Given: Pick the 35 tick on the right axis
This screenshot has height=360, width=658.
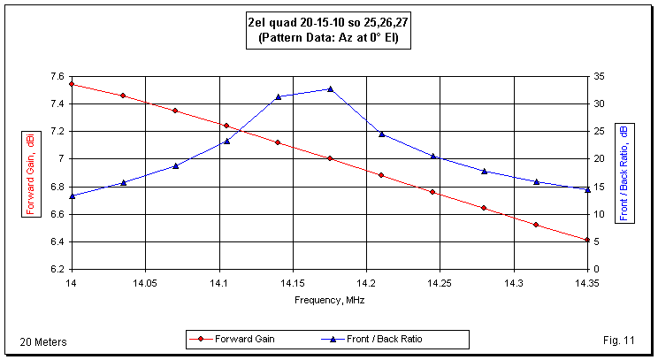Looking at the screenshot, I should (x=599, y=76).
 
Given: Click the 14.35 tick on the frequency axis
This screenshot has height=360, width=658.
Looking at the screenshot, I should (x=587, y=284).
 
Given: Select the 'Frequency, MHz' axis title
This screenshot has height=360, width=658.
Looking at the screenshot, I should (x=329, y=300).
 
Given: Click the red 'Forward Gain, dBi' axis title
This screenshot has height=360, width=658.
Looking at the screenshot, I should (x=30, y=173).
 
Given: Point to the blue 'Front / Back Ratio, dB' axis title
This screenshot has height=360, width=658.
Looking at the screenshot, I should (x=624, y=172).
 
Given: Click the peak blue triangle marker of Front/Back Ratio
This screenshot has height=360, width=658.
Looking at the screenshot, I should (x=330, y=88).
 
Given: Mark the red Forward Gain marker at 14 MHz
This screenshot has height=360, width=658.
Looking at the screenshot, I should (x=72, y=84).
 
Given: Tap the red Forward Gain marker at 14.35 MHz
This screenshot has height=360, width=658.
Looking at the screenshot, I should (x=587, y=240).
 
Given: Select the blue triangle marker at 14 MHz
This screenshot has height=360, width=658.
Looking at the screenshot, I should (x=72, y=195).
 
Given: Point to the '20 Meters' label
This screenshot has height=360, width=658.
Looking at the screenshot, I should (x=43, y=341).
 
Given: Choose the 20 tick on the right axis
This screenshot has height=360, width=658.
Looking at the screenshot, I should (x=599, y=158).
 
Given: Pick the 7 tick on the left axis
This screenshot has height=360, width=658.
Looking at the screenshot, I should (x=60, y=158).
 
